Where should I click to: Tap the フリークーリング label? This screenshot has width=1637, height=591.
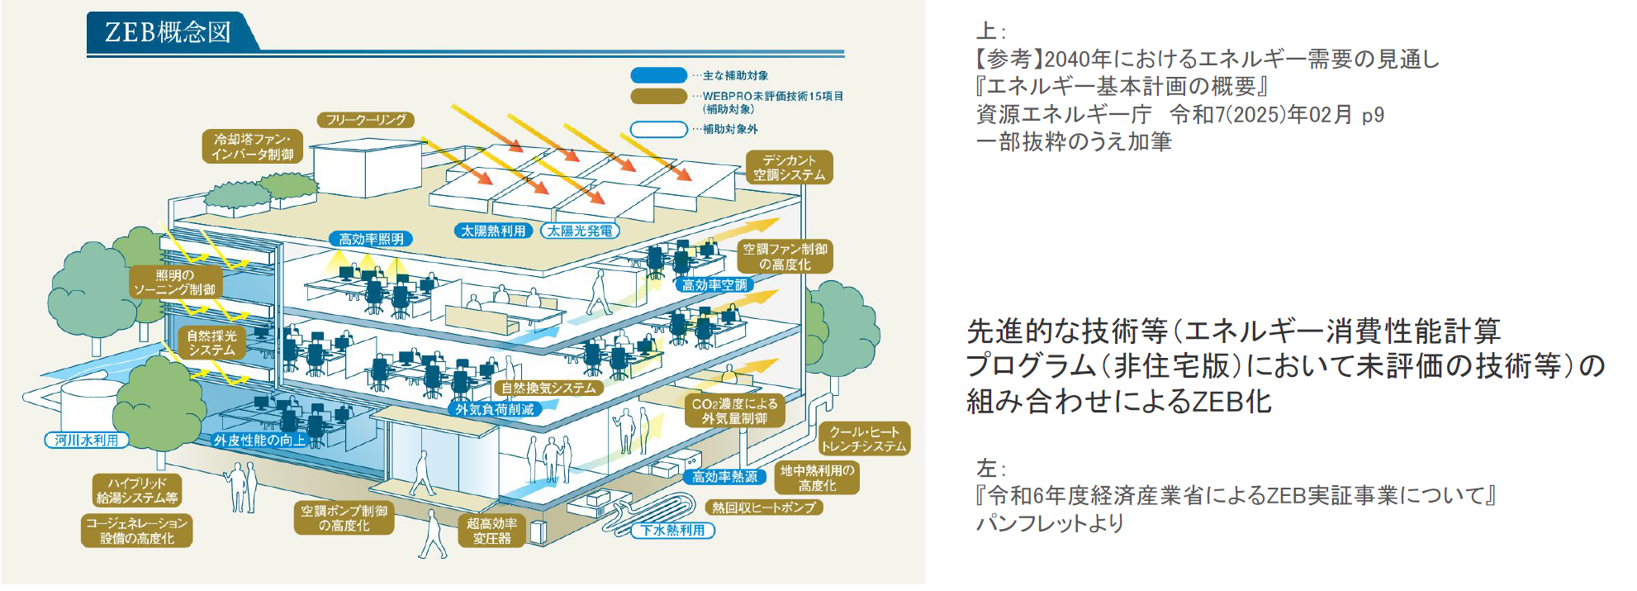tap(365, 120)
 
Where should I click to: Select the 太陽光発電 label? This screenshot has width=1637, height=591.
tap(580, 231)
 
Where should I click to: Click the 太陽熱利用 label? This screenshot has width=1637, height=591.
tap(493, 231)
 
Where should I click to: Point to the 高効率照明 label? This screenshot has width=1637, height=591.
tap(371, 239)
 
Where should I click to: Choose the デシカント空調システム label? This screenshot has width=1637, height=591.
tap(789, 168)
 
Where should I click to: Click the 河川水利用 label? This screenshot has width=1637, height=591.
tap(87, 440)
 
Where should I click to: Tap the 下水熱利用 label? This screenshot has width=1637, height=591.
tap(673, 530)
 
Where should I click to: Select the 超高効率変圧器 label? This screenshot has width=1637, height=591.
tap(491, 531)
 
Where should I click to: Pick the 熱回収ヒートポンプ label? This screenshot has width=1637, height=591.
tap(764, 508)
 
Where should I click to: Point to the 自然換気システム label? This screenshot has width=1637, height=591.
tap(548, 388)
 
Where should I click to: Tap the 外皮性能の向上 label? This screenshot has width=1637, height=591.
tap(259, 441)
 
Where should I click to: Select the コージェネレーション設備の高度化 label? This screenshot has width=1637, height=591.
tap(137, 531)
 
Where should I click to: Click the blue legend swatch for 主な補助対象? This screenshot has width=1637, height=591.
tap(658, 75)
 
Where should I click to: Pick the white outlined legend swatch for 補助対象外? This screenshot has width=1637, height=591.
tap(658, 129)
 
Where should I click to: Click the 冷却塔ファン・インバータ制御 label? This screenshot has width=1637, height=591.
tap(252, 147)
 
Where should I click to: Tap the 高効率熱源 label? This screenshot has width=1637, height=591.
tap(724, 477)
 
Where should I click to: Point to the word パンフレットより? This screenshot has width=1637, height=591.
tap(1050, 523)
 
